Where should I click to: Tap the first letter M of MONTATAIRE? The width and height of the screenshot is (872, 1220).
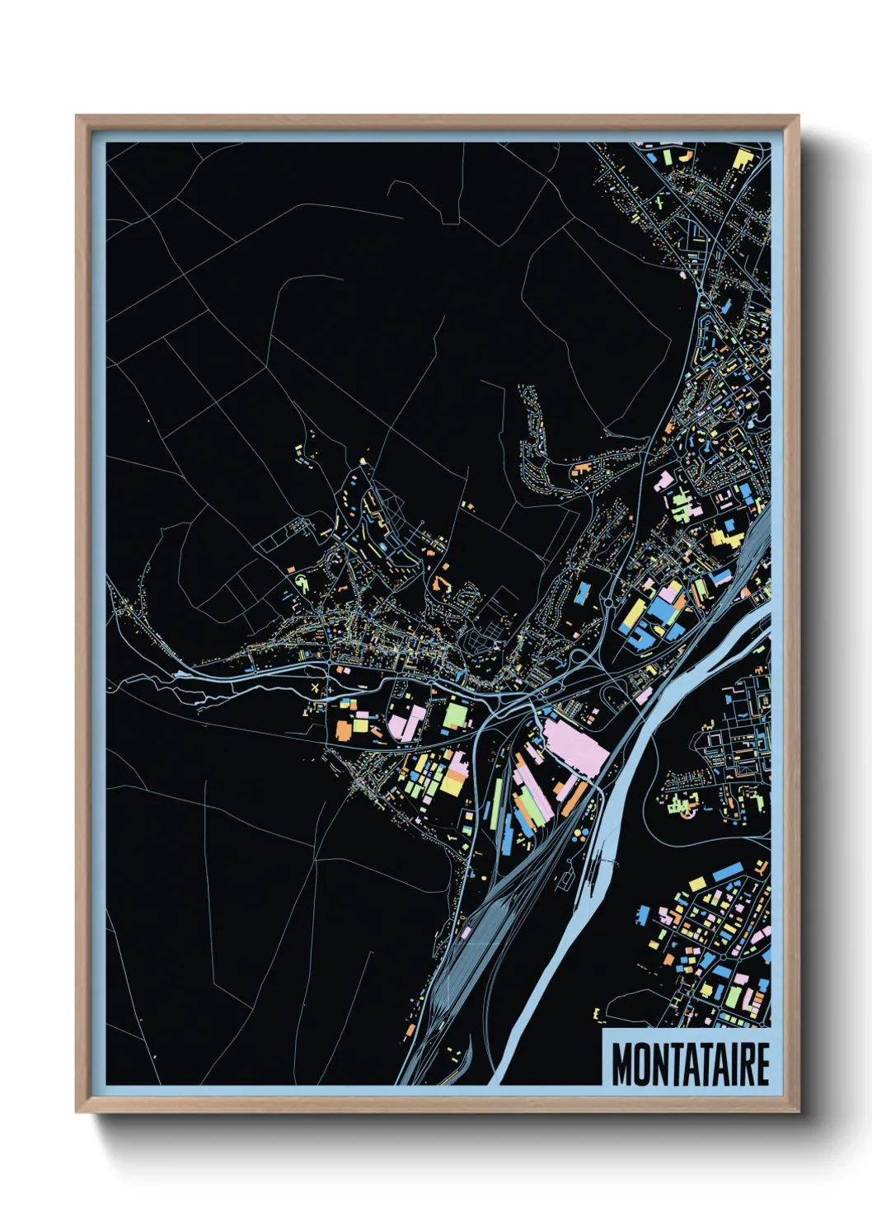[x=621, y=1063]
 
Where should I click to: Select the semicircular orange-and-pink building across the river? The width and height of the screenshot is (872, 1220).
[x=687, y=809]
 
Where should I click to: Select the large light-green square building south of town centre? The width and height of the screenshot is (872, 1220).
[x=455, y=714]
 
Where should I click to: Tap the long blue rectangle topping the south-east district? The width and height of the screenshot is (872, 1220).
[x=725, y=872]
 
